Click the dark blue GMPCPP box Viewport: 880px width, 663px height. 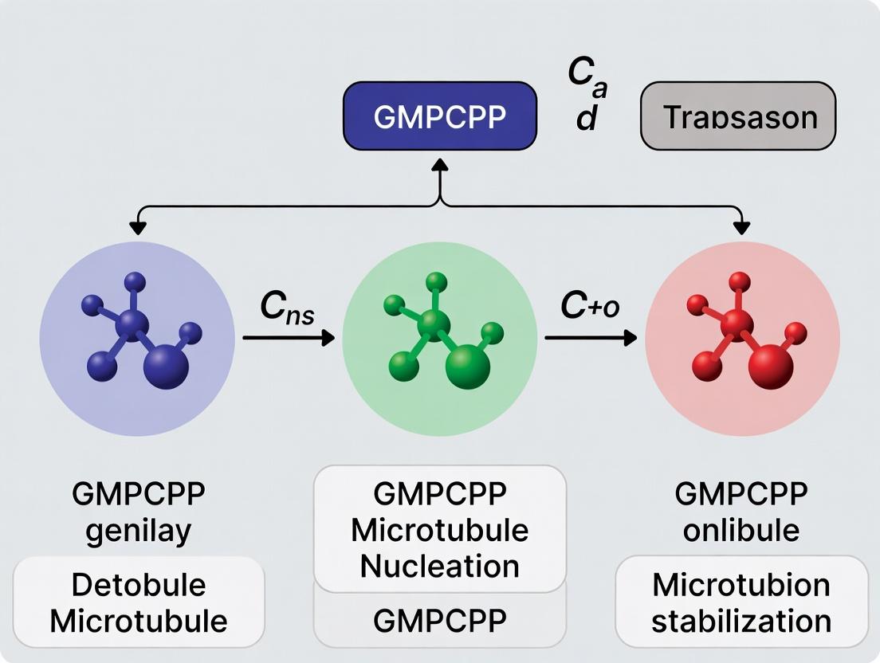click(439, 116)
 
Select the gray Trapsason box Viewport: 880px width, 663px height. click(738, 116)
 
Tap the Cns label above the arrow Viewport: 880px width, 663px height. click(287, 309)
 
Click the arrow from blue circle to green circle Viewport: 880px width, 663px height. click(288, 339)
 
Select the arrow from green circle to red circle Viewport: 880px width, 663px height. click(591, 339)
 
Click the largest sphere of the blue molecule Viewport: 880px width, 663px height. click(166, 366)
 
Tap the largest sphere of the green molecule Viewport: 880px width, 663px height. click(469, 366)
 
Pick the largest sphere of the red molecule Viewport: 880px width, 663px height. click(771, 366)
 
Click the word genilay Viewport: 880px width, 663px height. click(138, 530)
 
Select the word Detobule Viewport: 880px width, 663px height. click(138, 585)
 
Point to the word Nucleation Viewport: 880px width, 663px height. click(439, 566)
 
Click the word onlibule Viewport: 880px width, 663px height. click(741, 530)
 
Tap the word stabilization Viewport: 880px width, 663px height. click(741, 621)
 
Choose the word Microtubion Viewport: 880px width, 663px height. click(741, 585)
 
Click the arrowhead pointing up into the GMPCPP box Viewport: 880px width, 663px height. click(439, 163)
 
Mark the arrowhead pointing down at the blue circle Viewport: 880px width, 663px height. click(138, 228)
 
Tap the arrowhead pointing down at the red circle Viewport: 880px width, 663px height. click(741, 228)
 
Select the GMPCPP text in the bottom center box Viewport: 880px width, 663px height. click(439, 621)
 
